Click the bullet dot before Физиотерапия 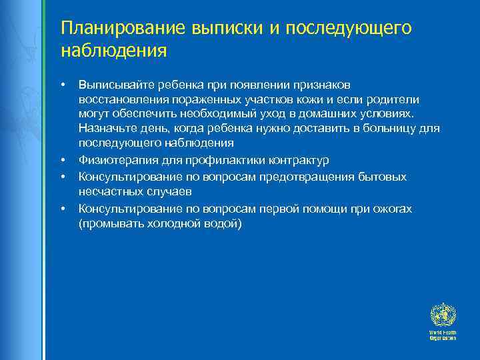pos(63,160)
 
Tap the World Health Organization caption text pos(443,335)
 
